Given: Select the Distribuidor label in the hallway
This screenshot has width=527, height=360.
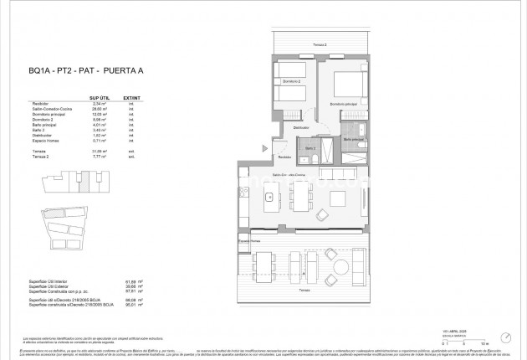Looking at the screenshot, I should (302, 127).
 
